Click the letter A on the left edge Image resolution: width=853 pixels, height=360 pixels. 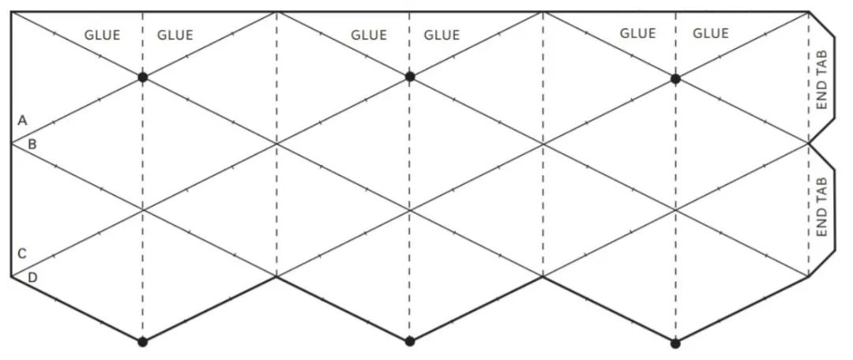click(x=22, y=121)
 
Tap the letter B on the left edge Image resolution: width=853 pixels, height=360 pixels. click(x=32, y=144)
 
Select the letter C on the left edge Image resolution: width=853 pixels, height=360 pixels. click(x=22, y=254)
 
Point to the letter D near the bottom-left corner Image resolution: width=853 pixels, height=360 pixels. click(x=32, y=277)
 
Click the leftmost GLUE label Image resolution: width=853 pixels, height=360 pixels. click(x=102, y=35)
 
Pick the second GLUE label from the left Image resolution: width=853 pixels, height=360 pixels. click(x=175, y=35)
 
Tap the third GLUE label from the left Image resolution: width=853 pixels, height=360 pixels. click(x=369, y=35)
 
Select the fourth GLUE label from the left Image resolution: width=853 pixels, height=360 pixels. click(x=442, y=35)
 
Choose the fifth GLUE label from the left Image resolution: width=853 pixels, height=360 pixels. click(x=637, y=33)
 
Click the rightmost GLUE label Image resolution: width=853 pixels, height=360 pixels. click(x=710, y=33)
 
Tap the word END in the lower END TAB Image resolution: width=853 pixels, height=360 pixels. click(x=821, y=225)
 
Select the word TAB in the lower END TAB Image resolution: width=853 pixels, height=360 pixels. click(x=821, y=190)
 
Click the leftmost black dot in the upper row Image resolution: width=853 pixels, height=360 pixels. click(x=143, y=77)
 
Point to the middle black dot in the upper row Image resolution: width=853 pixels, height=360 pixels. click(x=409, y=77)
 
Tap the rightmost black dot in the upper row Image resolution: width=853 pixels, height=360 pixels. click(x=675, y=78)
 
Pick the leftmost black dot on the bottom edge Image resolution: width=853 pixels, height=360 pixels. click(x=143, y=342)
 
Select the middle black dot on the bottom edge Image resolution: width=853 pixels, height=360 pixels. click(x=409, y=342)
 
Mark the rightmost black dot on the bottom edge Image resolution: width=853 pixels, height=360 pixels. click(x=675, y=343)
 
